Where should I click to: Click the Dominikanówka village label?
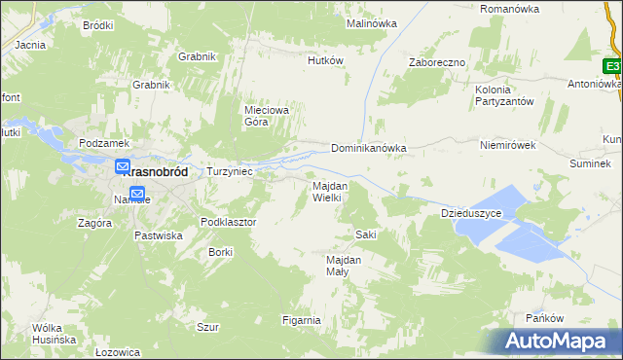coord(368,149)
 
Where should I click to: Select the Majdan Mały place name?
coord(344,266)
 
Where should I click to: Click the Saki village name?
coord(366,234)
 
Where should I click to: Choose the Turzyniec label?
coord(230,171)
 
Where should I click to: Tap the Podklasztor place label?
coord(228,222)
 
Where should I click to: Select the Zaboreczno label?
coord(437,62)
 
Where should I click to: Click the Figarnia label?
coord(301,320)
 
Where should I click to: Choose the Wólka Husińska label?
coord(54,334)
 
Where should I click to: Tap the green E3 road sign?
coord(611,66)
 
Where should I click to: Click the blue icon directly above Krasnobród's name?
coord(124,167)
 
